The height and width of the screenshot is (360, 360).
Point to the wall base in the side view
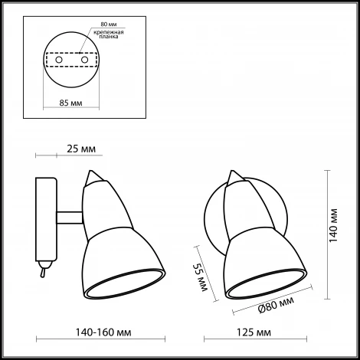pos(47,218)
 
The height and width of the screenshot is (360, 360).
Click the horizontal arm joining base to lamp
pos(69,217)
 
